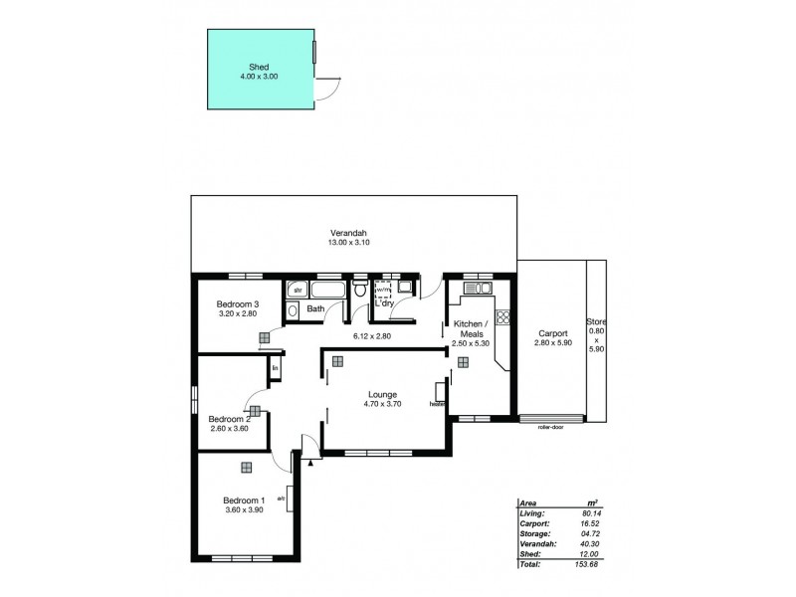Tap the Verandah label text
353,235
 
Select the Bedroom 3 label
239,304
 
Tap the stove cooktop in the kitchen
503,319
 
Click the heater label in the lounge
436,404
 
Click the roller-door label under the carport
550,427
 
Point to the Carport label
552,333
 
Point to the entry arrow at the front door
313,461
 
